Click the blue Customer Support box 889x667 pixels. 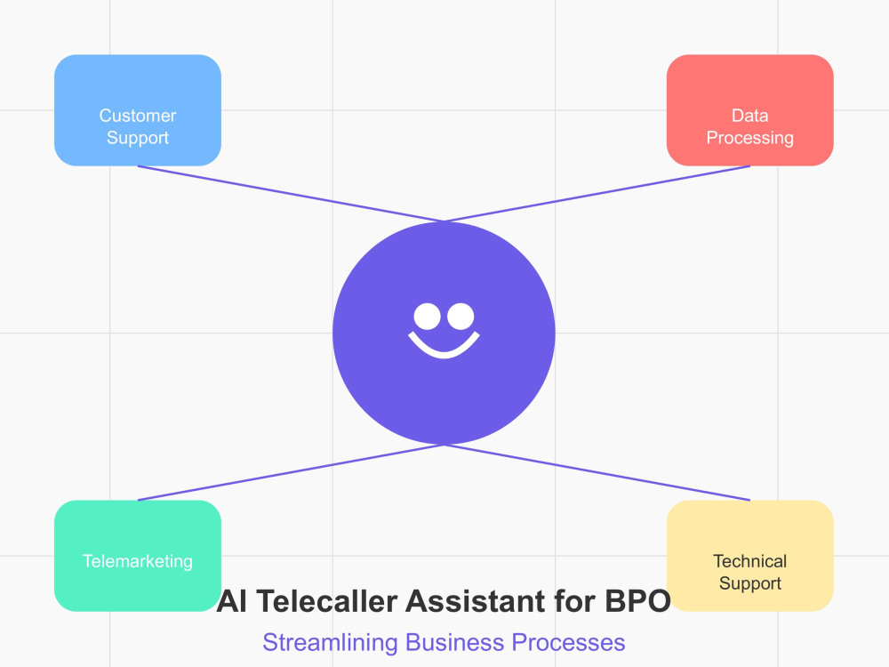(138, 110)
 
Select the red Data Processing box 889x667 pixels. (750, 110)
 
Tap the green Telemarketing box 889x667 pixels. (138, 555)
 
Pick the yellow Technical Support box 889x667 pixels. (750, 555)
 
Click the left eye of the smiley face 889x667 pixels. (427, 317)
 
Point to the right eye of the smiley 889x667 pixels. (461, 317)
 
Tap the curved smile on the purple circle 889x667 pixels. (444, 354)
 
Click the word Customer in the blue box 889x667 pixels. (138, 116)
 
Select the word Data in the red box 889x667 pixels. (750, 116)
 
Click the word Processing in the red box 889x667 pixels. (750, 139)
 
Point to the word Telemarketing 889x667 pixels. (138, 561)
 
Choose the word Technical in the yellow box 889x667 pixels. (750, 561)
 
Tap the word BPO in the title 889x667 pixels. (637, 601)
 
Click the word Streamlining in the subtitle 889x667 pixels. (331, 643)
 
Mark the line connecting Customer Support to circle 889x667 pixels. (291, 194)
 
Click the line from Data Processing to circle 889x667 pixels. (597, 194)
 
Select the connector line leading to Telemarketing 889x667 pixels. (291, 472)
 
